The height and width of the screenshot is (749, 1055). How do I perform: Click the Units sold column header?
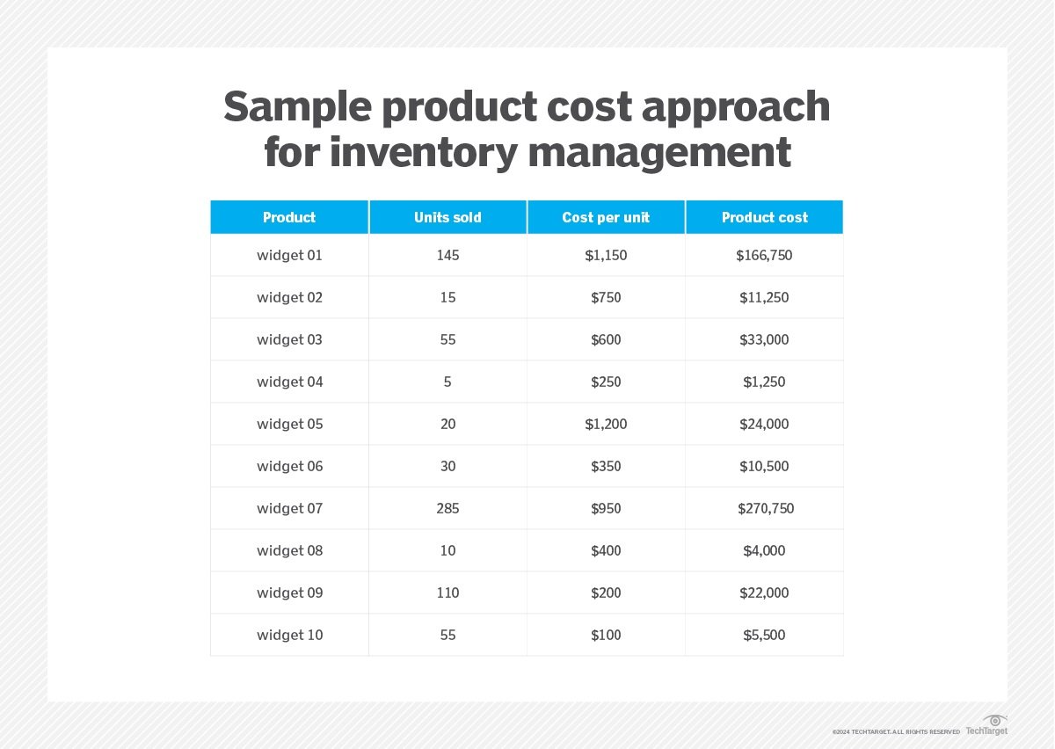point(447,217)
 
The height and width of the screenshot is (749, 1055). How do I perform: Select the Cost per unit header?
point(606,217)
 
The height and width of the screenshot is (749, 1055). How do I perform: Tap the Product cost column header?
point(764,217)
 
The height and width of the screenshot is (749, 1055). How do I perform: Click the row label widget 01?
point(289,255)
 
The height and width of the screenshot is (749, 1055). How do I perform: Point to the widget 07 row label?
point(289,508)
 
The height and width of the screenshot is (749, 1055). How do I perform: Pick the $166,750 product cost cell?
point(764,255)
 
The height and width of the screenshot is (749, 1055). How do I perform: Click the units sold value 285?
point(447,508)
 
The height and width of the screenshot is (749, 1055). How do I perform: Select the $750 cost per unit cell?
point(606,297)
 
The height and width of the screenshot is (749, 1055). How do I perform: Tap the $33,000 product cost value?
point(764,339)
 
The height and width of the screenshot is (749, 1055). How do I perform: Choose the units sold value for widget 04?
point(447,382)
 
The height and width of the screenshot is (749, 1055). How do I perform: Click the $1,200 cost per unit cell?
point(606,424)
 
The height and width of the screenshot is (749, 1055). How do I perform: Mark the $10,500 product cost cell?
point(764,466)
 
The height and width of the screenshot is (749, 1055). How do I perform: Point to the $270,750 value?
point(766,508)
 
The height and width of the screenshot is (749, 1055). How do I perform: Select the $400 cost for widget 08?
point(606,550)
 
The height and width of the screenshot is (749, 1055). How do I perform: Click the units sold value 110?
point(447,593)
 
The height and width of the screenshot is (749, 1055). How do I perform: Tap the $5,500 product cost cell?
point(764,635)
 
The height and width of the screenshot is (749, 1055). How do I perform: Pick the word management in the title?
point(659,154)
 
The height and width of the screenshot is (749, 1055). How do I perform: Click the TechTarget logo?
point(986,725)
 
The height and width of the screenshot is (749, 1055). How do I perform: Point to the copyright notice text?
point(896,731)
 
